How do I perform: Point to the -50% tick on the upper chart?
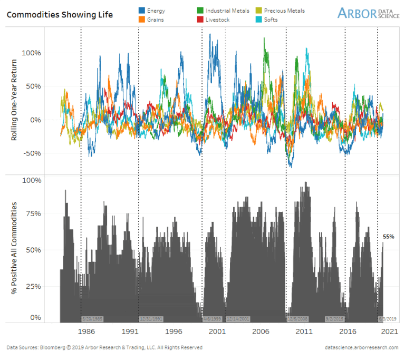point(33,153)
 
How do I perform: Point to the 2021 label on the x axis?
point(390,332)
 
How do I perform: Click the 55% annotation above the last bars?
point(389,237)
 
